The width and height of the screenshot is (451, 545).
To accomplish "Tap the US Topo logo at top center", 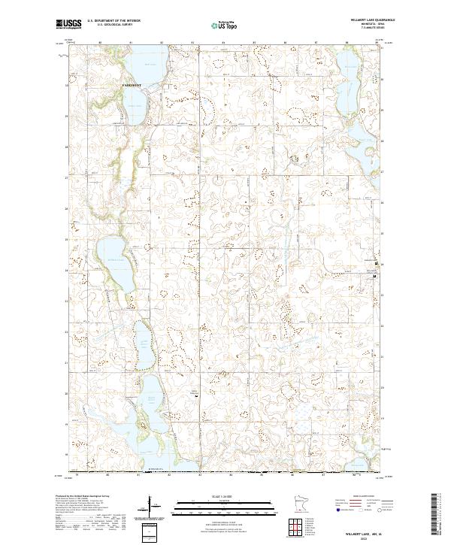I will click(x=225, y=26).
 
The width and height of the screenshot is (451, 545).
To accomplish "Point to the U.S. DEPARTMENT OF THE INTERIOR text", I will click(x=114, y=21).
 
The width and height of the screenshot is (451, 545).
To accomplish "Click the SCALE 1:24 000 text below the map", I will click(x=225, y=497).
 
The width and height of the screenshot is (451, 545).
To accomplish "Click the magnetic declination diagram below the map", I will click(x=156, y=509).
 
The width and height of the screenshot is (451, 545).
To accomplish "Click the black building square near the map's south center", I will click(x=197, y=400).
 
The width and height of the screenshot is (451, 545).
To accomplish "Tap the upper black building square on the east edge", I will click(x=377, y=264).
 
